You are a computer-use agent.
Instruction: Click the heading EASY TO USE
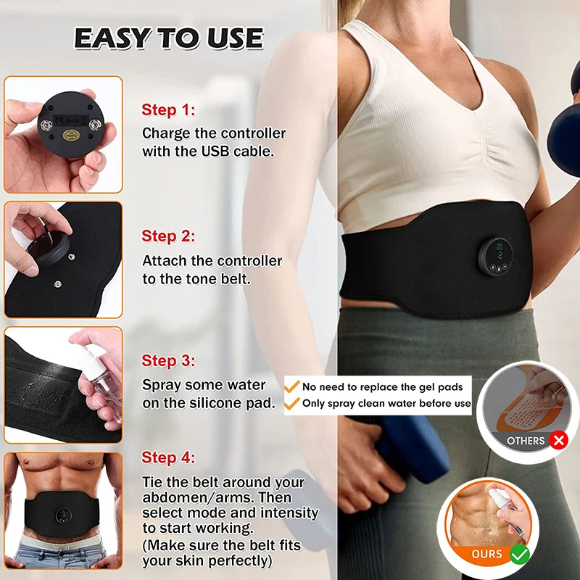(x=169, y=38)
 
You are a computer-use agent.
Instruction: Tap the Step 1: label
(x=168, y=110)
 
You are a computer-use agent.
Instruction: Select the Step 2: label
(x=168, y=236)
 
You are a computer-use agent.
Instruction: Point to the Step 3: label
(x=168, y=360)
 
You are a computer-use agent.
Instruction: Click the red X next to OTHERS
(x=557, y=440)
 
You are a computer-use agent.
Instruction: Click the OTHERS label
(x=526, y=440)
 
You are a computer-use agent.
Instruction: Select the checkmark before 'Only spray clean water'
(x=293, y=403)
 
